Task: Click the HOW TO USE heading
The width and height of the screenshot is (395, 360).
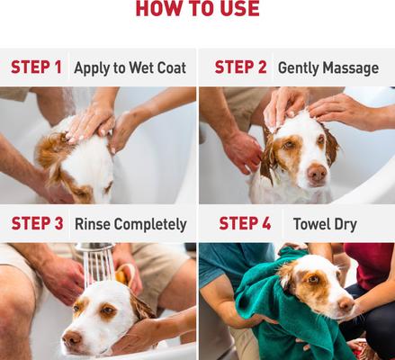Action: pos(197,10)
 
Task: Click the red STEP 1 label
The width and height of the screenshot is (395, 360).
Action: pos(37,67)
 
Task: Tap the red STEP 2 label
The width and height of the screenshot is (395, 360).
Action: pos(240,67)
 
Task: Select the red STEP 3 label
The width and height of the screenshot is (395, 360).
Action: pos(37,224)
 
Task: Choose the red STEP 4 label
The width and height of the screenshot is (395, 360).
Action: pos(240,224)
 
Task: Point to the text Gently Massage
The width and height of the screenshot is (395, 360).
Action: pos(328,67)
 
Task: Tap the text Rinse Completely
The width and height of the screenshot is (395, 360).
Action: pos(130,224)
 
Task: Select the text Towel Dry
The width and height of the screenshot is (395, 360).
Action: pos(325,224)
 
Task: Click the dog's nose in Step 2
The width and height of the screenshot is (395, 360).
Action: pos(317,171)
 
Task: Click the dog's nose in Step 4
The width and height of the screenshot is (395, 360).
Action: pos(346,305)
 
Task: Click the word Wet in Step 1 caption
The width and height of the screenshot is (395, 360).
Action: pos(136,67)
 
